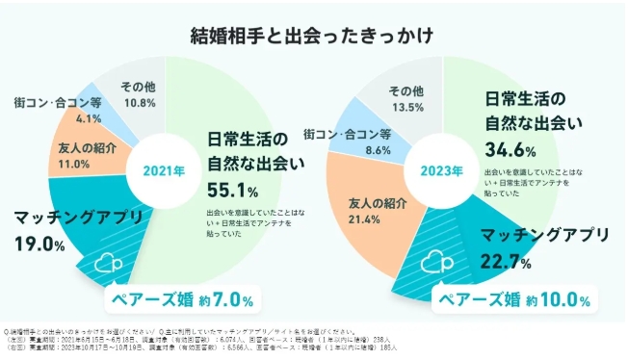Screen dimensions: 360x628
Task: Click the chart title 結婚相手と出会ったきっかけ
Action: (313, 35)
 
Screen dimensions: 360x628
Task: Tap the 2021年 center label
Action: (162, 170)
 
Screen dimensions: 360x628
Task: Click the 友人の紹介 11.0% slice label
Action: (80, 156)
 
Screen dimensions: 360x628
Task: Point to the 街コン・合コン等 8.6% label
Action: (348, 141)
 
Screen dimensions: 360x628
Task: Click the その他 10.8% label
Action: (142, 94)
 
